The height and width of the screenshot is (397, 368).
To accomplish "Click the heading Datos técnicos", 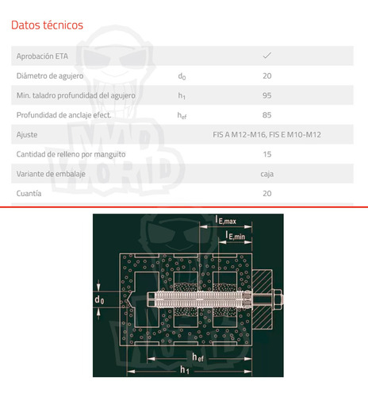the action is pos(47,25).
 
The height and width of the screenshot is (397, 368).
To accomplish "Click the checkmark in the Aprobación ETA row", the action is pos(267,56).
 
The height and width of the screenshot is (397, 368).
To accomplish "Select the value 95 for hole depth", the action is pos(267,95).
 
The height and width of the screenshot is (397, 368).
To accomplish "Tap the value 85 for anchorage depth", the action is pos(267,115).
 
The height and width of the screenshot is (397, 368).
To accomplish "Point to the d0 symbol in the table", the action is pos(182,76).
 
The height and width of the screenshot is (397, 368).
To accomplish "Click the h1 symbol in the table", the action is pos(182,96).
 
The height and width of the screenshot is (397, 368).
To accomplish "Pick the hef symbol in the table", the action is pos(182,115).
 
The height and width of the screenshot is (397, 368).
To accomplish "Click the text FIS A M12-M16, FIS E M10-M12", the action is pos(267,135).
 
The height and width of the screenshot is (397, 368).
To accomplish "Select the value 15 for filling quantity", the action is pos(267,154).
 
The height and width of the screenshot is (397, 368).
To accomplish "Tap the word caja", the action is pos(267,174).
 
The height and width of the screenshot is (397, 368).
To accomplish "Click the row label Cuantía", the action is pos(29,194).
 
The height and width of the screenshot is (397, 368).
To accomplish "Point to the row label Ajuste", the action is pos(27,135).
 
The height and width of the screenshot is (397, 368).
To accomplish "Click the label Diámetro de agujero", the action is pos(50,76).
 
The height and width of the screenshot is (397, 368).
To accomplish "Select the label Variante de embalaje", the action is pos(51,174).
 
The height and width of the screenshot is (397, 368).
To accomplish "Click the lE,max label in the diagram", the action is pos(225,220).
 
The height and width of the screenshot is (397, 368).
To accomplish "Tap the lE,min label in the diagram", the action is pos(235,235).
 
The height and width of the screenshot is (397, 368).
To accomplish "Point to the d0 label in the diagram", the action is pos(99,300).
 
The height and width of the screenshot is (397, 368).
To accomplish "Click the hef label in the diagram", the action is pos(198,357).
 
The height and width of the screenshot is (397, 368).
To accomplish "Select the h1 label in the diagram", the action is pos(185,370).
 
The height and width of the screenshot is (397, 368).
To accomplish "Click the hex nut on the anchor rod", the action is pos(277,299).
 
